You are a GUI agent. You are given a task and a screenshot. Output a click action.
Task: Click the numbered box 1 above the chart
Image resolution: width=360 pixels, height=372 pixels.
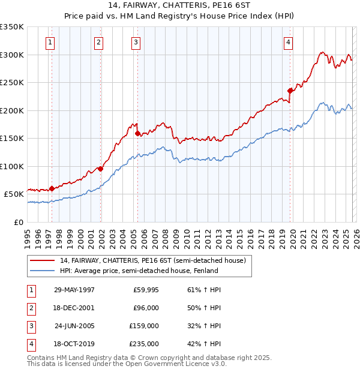pos(49,43)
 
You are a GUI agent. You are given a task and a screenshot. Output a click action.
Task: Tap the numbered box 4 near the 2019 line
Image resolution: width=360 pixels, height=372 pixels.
pos(289,43)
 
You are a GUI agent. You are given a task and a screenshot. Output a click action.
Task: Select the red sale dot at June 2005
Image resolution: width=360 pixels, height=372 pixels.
pos(137,133)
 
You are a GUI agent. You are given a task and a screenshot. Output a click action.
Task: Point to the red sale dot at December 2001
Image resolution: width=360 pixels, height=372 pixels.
pos(100,169)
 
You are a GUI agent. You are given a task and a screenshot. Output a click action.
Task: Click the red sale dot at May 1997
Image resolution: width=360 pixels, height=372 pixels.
pos(52,188)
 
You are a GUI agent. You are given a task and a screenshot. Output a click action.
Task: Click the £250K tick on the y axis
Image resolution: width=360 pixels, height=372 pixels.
pos(12,83)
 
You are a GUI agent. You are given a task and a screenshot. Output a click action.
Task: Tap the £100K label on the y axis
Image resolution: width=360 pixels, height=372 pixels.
pos(12,166)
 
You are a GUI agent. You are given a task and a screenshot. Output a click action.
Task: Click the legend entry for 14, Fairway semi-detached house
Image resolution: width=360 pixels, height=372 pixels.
pos(152,261)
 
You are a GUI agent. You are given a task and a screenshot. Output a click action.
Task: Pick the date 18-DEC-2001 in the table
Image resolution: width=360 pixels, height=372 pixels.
pos(74,308)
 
